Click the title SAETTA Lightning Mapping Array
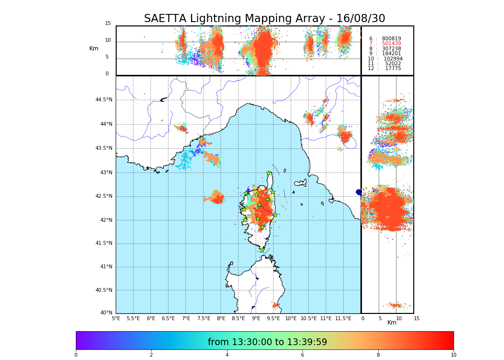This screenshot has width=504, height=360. pyautogui.click(x=264, y=19)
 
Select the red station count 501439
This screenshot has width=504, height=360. pyautogui.click(x=391, y=44)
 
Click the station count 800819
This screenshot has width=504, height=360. pyautogui.click(x=391, y=38)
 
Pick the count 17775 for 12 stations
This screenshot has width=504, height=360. pyautogui.click(x=393, y=69)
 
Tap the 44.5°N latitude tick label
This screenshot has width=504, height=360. pyautogui.click(x=104, y=100)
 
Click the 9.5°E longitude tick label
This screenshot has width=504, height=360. pyautogui.click(x=273, y=318)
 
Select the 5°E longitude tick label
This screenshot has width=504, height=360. pyautogui.click(x=116, y=318)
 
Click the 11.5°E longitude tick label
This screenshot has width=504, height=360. pyautogui.click(x=343, y=318)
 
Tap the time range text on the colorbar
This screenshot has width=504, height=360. pyautogui.click(x=267, y=342)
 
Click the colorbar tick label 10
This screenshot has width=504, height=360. pyautogui.click(x=453, y=355)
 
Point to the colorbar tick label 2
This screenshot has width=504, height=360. pyautogui.click(x=151, y=355)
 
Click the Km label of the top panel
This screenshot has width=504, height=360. pyautogui.click(x=94, y=48)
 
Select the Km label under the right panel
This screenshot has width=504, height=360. pyautogui.click(x=392, y=323)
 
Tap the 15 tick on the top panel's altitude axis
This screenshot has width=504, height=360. pyautogui.click(x=108, y=24)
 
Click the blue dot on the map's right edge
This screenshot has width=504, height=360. pyautogui.click(x=359, y=192)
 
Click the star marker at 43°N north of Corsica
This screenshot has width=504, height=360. pyautogui.click(x=269, y=173)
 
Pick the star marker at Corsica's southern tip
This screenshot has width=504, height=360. pyautogui.click(x=262, y=250)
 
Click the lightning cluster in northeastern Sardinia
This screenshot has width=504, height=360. pyautogui.click(x=276, y=305)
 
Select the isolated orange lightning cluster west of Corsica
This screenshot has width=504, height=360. pyautogui.click(x=215, y=197)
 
